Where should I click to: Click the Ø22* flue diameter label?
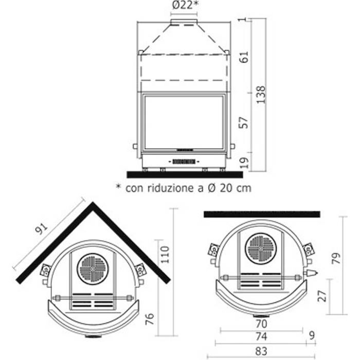pyautogui.click(x=185, y=5)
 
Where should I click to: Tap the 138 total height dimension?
pyautogui.click(x=261, y=95)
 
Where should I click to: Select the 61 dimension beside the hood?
pyautogui.click(x=244, y=57)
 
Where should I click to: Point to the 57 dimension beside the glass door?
pyautogui.click(x=244, y=122)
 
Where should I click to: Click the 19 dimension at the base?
pyautogui.click(x=244, y=163)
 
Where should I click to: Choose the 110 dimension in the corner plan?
pyautogui.click(x=165, y=255)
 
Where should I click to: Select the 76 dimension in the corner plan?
pyautogui.click(x=150, y=319)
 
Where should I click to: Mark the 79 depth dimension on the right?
pyautogui.click(x=336, y=258)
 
